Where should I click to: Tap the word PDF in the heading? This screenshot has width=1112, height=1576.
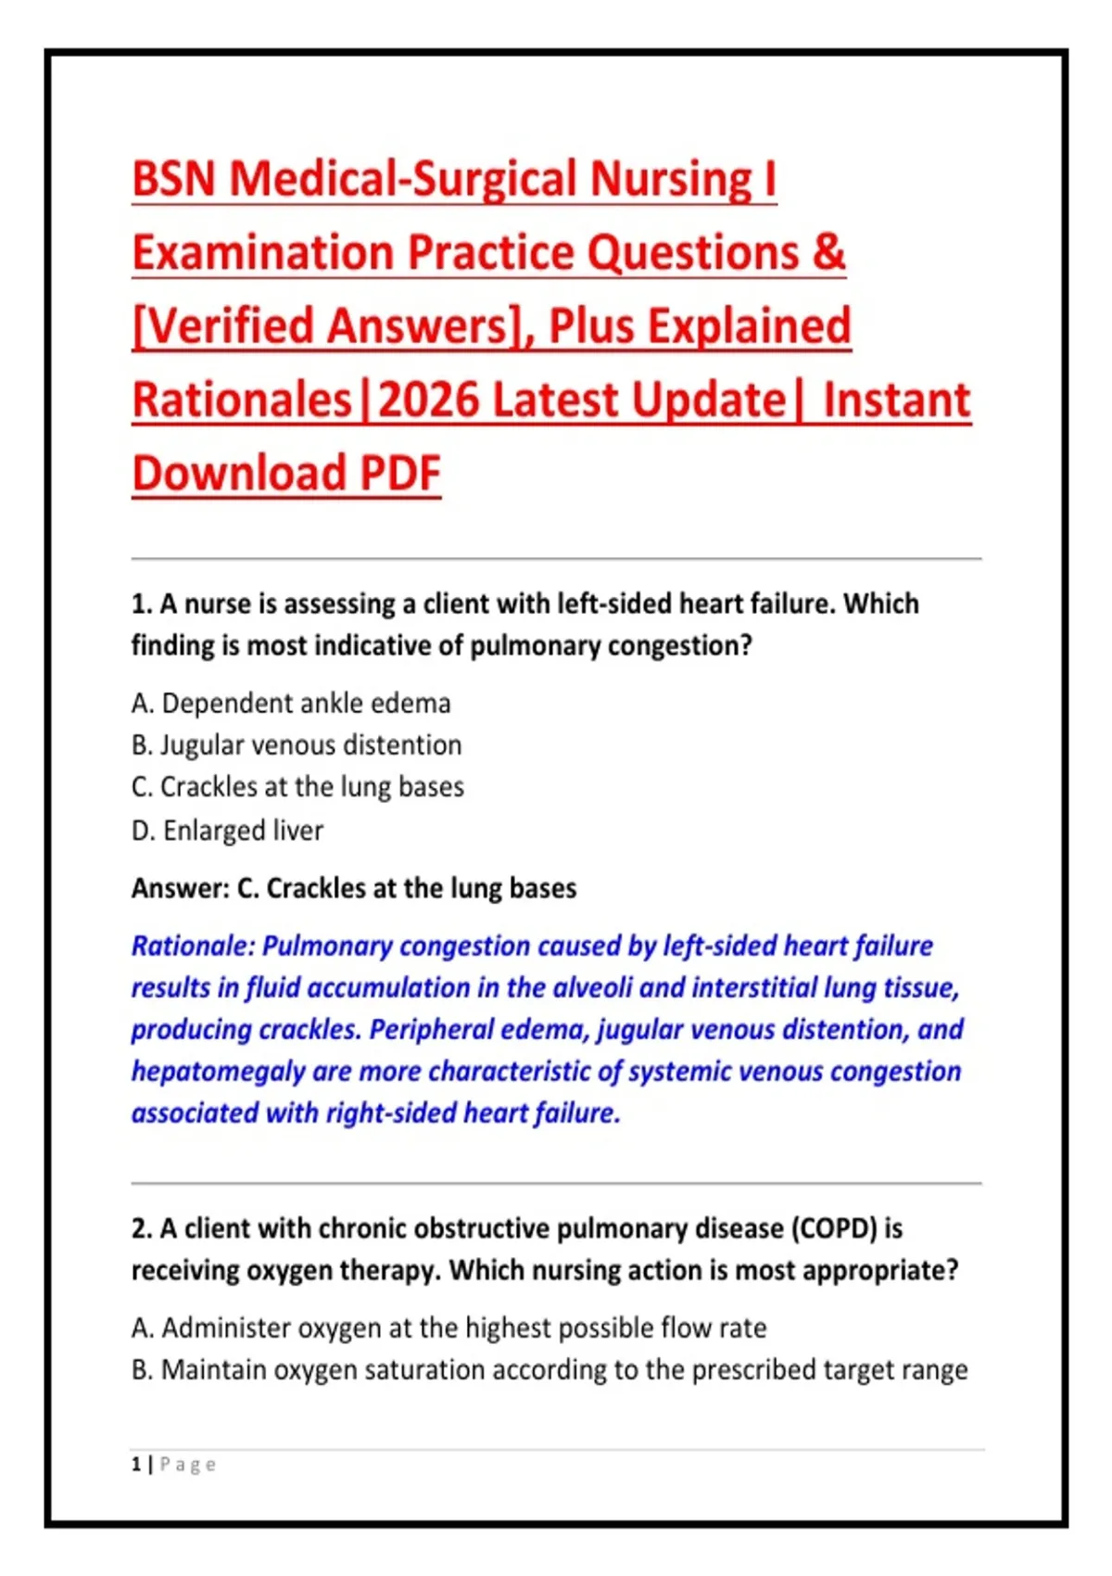coord(399,473)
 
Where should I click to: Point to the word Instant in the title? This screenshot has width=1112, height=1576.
coord(897,400)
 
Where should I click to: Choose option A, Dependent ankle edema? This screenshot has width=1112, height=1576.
coord(291,703)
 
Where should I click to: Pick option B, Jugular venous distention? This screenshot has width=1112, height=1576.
coord(297,744)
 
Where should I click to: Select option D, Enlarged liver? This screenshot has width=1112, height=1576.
coord(228,831)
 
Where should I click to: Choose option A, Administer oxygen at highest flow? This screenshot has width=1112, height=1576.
coord(449,1328)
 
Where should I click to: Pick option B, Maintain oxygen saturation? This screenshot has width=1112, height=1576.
coord(550,1370)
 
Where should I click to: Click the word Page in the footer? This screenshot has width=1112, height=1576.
coord(188,1465)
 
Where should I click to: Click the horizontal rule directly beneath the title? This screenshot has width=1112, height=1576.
coord(556,559)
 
